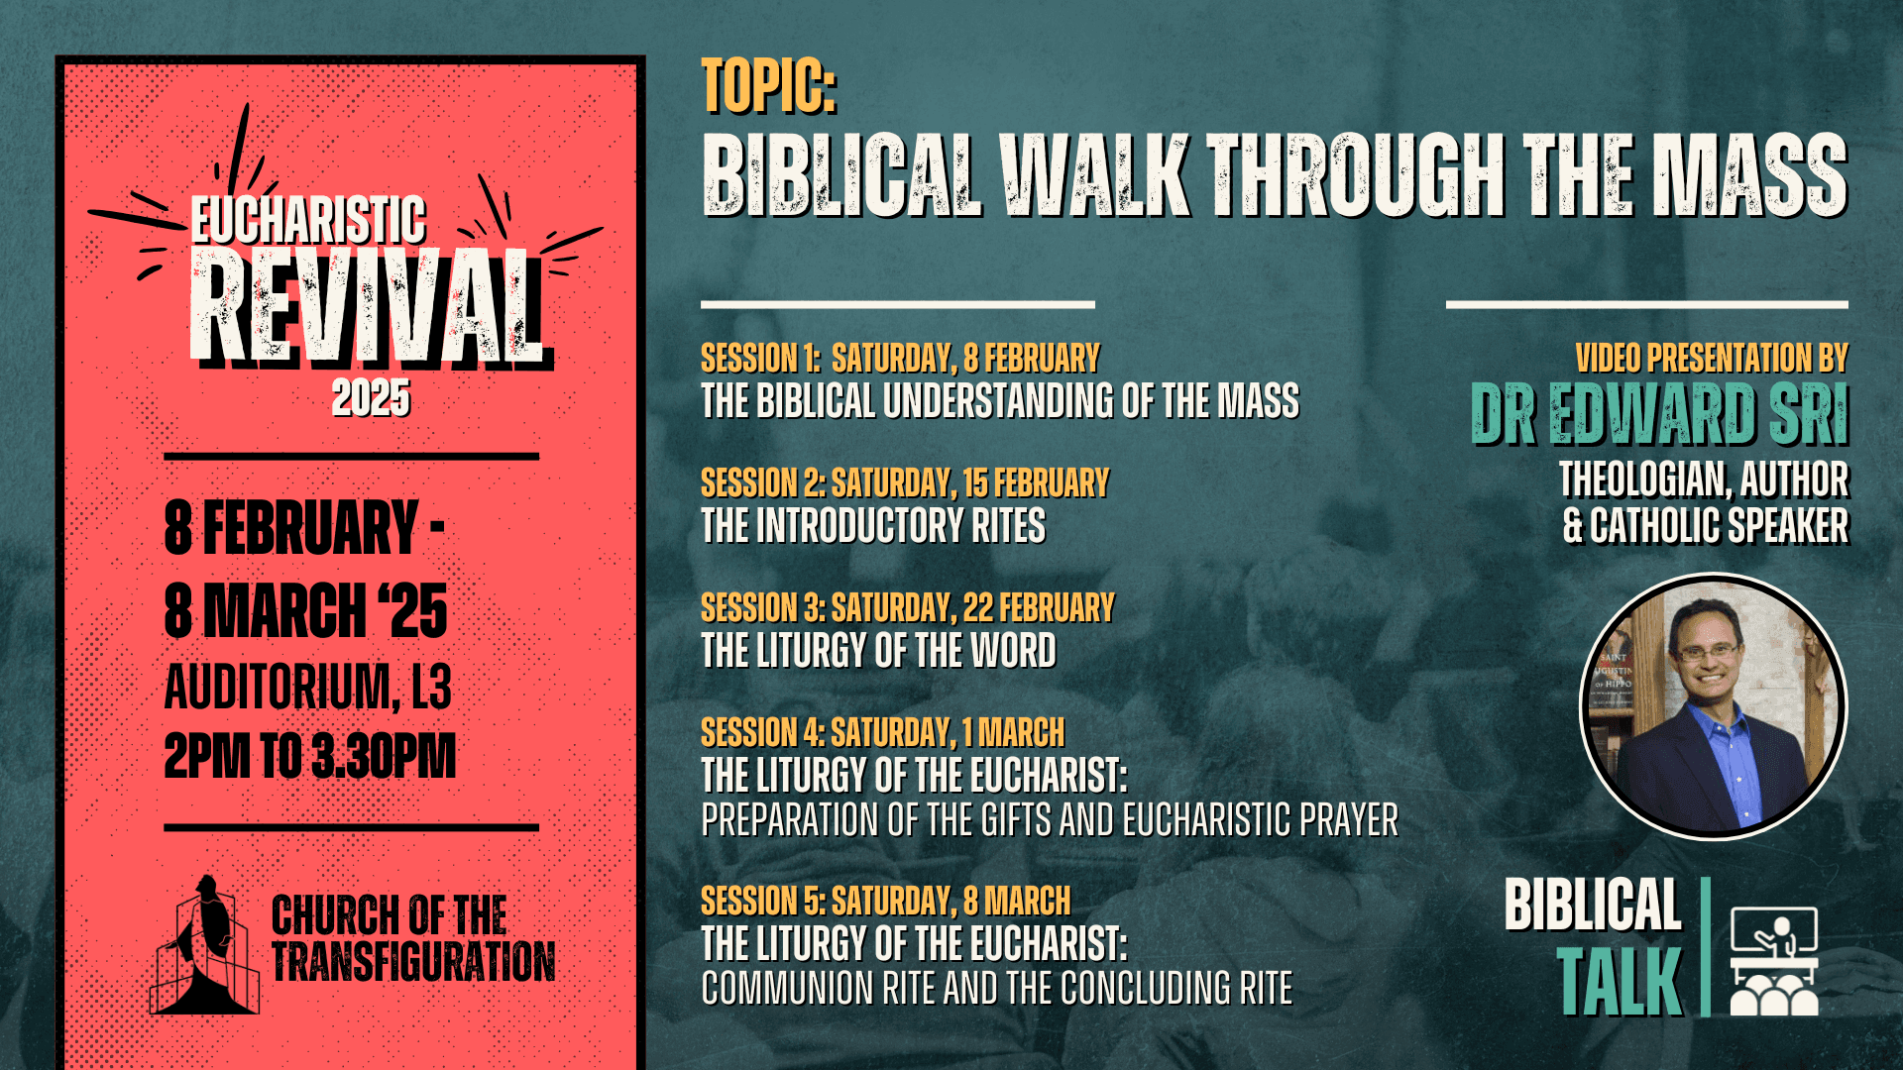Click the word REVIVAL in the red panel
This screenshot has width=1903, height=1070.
click(x=367, y=307)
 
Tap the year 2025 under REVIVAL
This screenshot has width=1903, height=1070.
click(x=371, y=398)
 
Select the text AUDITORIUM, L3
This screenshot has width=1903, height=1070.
click(x=307, y=687)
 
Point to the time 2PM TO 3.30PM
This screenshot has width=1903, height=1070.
click(x=310, y=756)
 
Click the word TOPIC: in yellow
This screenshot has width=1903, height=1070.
click(x=769, y=86)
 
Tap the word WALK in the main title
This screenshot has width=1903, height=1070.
click(x=1094, y=175)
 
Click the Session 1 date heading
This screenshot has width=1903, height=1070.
click(x=900, y=358)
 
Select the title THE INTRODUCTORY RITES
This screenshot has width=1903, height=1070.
click(x=873, y=526)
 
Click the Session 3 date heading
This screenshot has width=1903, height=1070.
click(x=908, y=607)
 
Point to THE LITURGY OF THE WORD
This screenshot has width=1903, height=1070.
click(x=878, y=651)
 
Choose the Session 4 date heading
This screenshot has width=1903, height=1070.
click(x=882, y=732)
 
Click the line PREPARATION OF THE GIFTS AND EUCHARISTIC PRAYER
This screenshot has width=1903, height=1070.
click(x=1050, y=820)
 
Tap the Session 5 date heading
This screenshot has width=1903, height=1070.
click(x=885, y=901)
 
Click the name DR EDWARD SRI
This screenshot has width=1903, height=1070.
click(x=1660, y=414)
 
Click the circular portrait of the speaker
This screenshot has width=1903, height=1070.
click(x=1713, y=706)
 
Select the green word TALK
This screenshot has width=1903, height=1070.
click(x=1620, y=982)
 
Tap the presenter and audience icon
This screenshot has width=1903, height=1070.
click(x=1774, y=961)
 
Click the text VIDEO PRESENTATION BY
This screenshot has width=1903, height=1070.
click(x=1712, y=358)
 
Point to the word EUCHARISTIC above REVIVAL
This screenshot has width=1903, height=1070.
click(x=308, y=220)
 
